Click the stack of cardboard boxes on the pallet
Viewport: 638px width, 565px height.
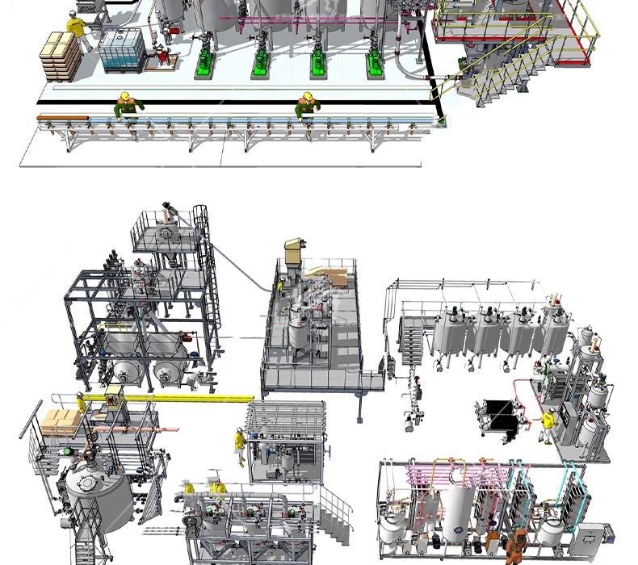pyautogui.click(x=61, y=54)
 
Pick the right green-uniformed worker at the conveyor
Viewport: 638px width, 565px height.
pyautogui.click(x=306, y=106)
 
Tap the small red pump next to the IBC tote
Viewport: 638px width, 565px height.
pyautogui.click(x=162, y=55)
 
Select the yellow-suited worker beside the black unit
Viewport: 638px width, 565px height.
pyautogui.click(x=548, y=425)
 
